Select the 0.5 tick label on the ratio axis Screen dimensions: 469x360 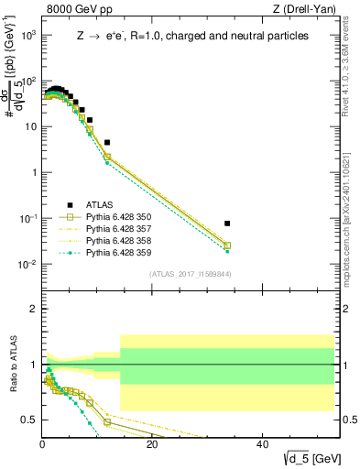point(30,420)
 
